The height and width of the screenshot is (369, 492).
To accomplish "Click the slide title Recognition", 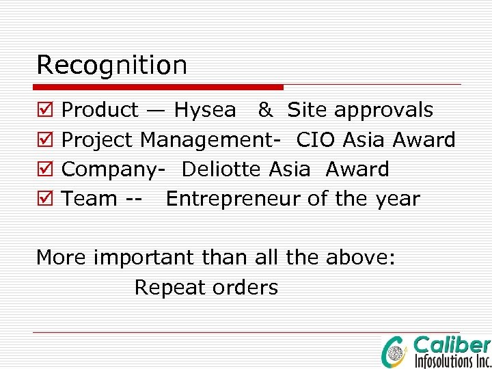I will (x=111, y=66).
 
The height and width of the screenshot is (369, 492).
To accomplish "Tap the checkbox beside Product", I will (x=44, y=110).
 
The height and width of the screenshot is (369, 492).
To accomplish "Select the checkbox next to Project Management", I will (x=44, y=140).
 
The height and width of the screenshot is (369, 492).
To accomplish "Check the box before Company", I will (x=44, y=169).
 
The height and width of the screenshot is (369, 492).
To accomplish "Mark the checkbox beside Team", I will (x=44, y=199).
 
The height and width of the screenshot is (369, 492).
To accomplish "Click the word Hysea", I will (x=205, y=110).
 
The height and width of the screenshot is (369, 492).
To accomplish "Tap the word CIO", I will (x=316, y=140).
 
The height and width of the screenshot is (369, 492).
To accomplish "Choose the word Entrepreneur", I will (x=233, y=199).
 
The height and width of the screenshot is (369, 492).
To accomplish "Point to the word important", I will (x=144, y=258).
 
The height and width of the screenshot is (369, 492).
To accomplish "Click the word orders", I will (x=245, y=288).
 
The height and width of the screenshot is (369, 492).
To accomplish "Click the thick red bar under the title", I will (x=159, y=87).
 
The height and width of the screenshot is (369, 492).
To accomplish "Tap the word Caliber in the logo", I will (x=452, y=345).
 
